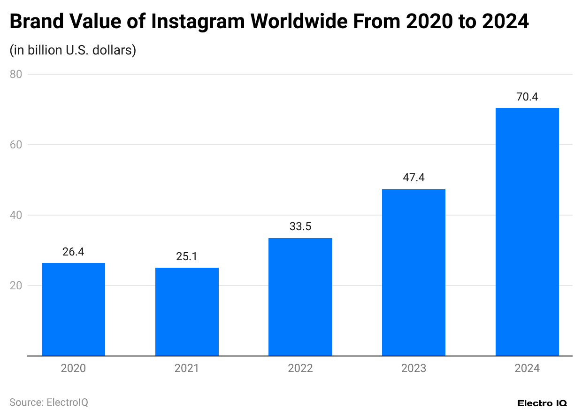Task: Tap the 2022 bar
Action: click(x=300, y=297)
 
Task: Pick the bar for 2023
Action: click(x=414, y=272)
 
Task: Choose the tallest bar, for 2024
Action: click(x=527, y=232)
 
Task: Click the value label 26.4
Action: click(x=73, y=252)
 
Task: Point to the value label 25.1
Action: click(x=187, y=257)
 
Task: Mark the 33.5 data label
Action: click(x=300, y=227)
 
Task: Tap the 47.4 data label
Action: click(x=414, y=178)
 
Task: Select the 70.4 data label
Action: click(x=527, y=97)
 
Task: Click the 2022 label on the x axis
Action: click(x=300, y=368)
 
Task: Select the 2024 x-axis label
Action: click(x=527, y=368)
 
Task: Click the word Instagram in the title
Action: click(x=198, y=22)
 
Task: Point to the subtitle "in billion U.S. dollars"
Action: click(x=73, y=50)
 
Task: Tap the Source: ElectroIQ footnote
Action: click(x=49, y=403)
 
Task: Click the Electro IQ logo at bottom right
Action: click(x=542, y=403)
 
